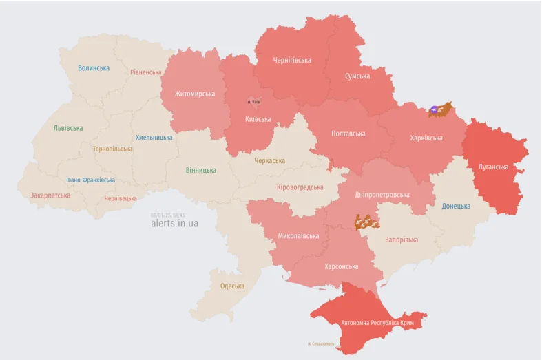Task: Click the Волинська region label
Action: point(94,68)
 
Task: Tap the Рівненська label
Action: point(146,72)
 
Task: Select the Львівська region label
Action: point(68,128)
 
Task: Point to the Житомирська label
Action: point(194,94)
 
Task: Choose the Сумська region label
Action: point(357,76)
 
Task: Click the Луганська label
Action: point(493,167)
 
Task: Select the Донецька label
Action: point(456,206)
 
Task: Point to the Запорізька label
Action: point(402,240)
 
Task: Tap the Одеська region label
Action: point(232,286)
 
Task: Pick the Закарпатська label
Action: point(50,195)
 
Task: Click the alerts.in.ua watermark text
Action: point(175,224)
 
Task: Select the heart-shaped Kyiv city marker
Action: point(253,101)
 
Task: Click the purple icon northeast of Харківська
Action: point(436,109)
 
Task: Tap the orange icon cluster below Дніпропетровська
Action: point(366,222)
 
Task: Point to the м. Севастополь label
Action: point(321,343)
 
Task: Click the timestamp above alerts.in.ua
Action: point(168,215)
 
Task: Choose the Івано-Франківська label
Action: point(90,180)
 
